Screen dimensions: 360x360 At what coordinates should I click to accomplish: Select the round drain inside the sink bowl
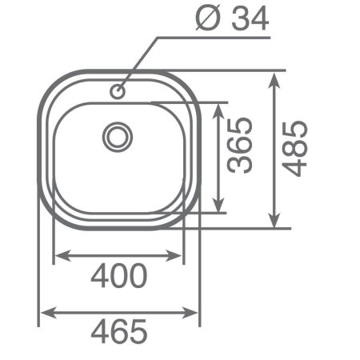pos(118,135)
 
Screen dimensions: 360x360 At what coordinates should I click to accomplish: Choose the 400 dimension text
pos(118,276)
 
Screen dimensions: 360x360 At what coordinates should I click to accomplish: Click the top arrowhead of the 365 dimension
pos(218,108)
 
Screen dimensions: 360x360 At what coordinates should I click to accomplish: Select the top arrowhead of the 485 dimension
pos(275,78)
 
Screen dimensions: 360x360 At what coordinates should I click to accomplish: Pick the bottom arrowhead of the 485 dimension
pos(275,221)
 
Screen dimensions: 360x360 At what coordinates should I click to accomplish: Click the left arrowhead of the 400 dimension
pos(58,257)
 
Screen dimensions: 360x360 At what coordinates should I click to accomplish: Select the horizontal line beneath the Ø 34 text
pos(216,36)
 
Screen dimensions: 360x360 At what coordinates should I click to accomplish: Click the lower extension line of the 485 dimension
pos(240,229)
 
